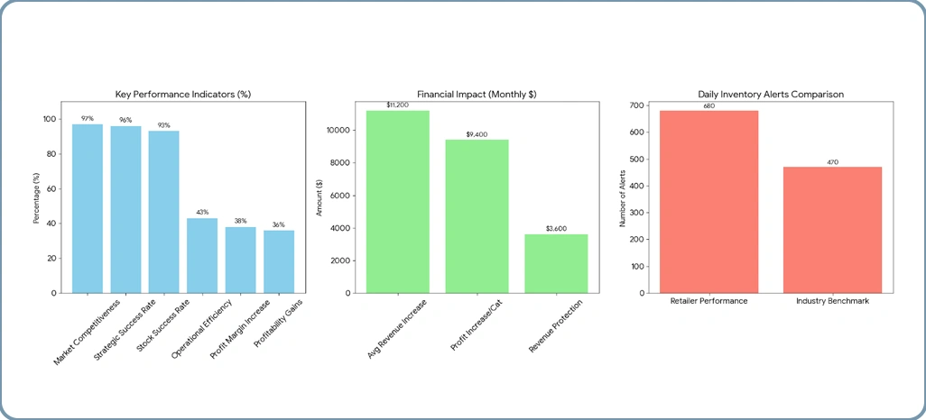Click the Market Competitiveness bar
pyautogui.click(x=88, y=208)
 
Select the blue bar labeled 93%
pyautogui.click(x=163, y=212)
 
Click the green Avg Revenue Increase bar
pyautogui.click(x=397, y=202)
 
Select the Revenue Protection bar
pyautogui.click(x=555, y=263)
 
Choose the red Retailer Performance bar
pyautogui.click(x=708, y=202)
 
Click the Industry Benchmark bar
pyautogui.click(x=832, y=230)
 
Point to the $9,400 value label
pyautogui.click(x=477, y=134)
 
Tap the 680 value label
pyautogui.click(x=708, y=105)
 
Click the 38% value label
pyautogui.click(x=240, y=222)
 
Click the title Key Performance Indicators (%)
pyautogui.click(x=182, y=94)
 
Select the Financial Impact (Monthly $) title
pyautogui.click(x=477, y=94)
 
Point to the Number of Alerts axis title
pyautogui.click(x=622, y=197)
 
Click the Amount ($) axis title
pyautogui.click(x=319, y=197)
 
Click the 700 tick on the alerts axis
pyautogui.click(x=637, y=105)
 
